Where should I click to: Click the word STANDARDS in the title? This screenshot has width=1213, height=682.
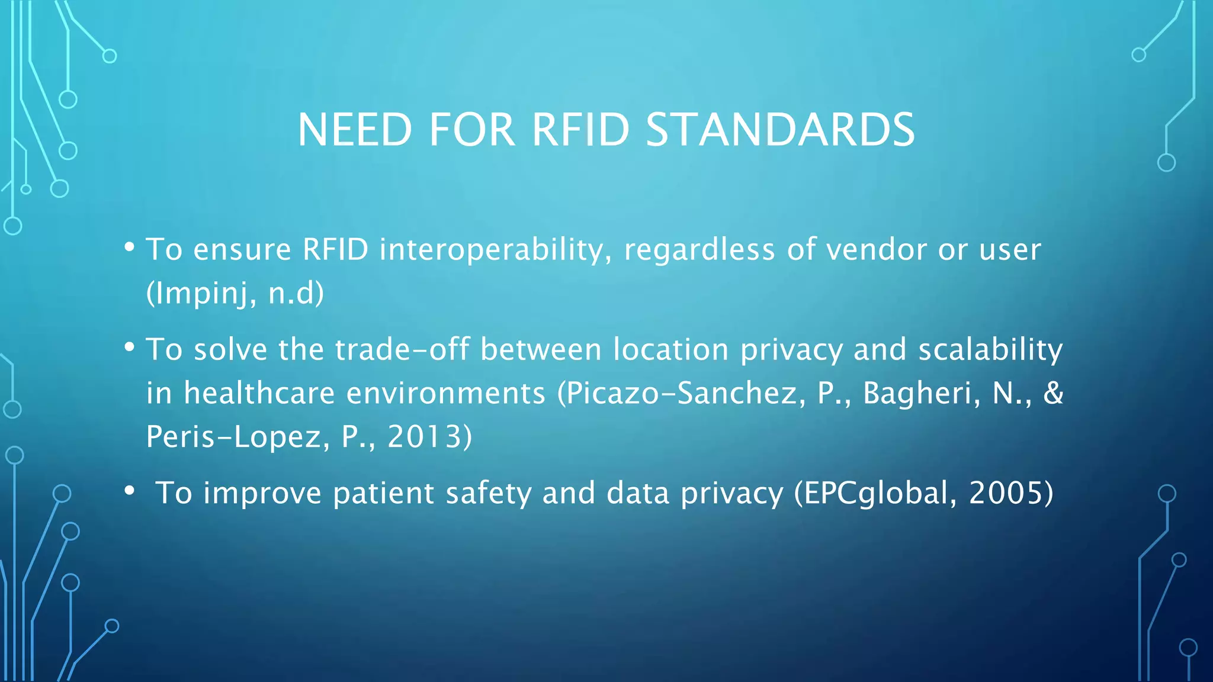point(780,130)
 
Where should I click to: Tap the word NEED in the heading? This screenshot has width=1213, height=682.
point(355,130)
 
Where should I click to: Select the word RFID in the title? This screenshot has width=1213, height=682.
point(580,130)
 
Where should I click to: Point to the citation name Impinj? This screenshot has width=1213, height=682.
point(202,293)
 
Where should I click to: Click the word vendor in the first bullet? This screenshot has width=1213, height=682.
point(876,250)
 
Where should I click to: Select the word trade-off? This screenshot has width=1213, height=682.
point(402,349)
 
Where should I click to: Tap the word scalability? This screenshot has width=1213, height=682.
point(990,349)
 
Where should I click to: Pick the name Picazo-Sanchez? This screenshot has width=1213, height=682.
point(681,393)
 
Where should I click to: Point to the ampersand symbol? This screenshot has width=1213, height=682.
point(1053,393)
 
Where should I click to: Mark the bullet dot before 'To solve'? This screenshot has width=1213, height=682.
point(130,348)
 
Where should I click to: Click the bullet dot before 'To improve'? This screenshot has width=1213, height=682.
point(130,491)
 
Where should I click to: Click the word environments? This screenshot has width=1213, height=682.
point(445,393)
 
